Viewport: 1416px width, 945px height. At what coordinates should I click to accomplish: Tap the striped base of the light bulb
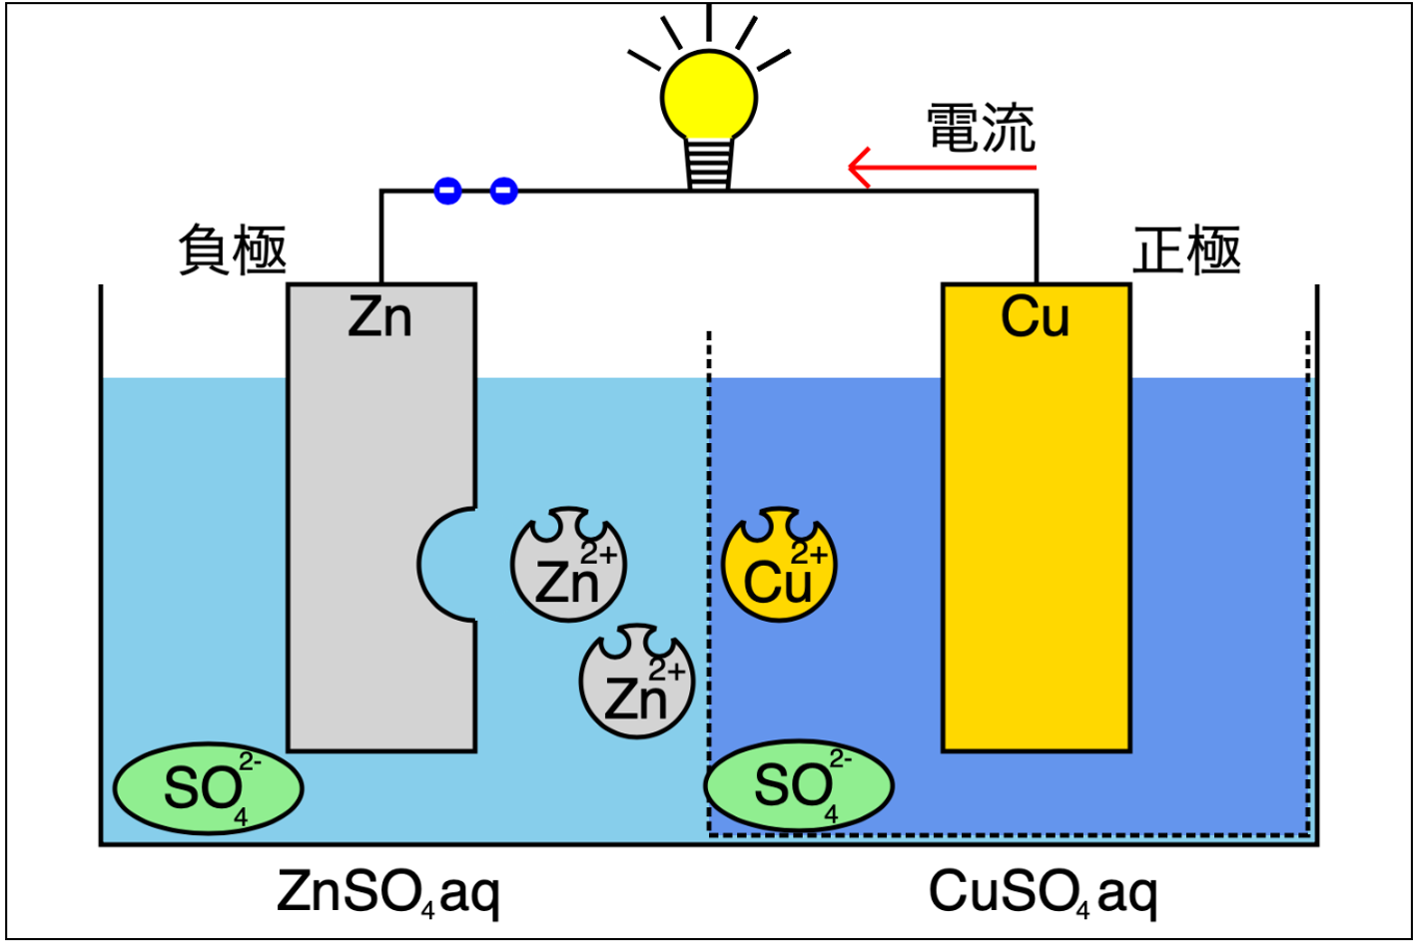(709, 164)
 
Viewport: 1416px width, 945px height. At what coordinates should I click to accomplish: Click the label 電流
(981, 128)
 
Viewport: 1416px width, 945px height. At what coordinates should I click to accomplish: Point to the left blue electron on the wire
(447, 190)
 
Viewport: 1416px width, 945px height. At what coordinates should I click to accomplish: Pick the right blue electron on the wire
(504, 190)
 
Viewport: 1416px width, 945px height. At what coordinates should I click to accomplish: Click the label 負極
(233, 249)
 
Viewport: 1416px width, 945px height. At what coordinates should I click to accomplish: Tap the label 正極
(1186, 249)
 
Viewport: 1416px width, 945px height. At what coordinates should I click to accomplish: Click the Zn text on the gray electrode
(379, 317)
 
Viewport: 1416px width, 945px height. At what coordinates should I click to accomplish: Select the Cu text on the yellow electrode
(1035, 317)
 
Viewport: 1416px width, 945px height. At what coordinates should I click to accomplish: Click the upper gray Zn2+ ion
(568, 565)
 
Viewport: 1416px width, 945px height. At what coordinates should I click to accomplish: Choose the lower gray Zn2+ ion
(636, 682)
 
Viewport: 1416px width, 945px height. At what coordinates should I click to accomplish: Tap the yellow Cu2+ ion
(779, 565)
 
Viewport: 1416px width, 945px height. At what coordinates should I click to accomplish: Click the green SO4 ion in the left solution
(208, 788)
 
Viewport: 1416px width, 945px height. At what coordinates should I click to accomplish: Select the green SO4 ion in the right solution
(798, 786)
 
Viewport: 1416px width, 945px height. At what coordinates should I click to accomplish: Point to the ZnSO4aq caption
(387, 891)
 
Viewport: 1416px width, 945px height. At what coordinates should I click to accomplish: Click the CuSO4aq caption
(1043, 891)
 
